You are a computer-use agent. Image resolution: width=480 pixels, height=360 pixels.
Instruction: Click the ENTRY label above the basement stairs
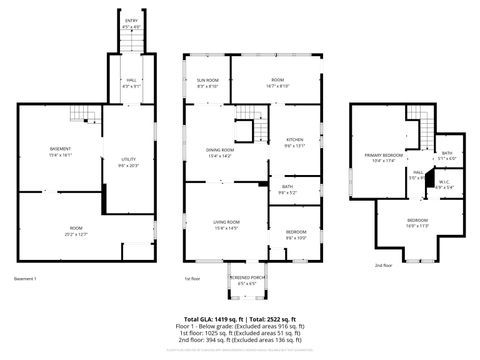[131, 18]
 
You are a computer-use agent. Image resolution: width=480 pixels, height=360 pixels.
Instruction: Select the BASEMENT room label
[60, 149]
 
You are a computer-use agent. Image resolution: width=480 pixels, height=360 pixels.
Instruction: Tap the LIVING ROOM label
[225, 222]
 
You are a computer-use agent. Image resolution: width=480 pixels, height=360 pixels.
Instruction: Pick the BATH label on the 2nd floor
[446, 153]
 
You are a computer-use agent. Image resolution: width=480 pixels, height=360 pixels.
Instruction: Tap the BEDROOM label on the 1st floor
[296, 232]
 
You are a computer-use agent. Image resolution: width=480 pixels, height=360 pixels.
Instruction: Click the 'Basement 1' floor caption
[26, 278]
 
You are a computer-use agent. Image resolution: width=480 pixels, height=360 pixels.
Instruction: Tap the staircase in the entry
[131, 41]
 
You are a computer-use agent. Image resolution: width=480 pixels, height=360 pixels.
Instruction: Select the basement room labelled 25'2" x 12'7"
[76, 229]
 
